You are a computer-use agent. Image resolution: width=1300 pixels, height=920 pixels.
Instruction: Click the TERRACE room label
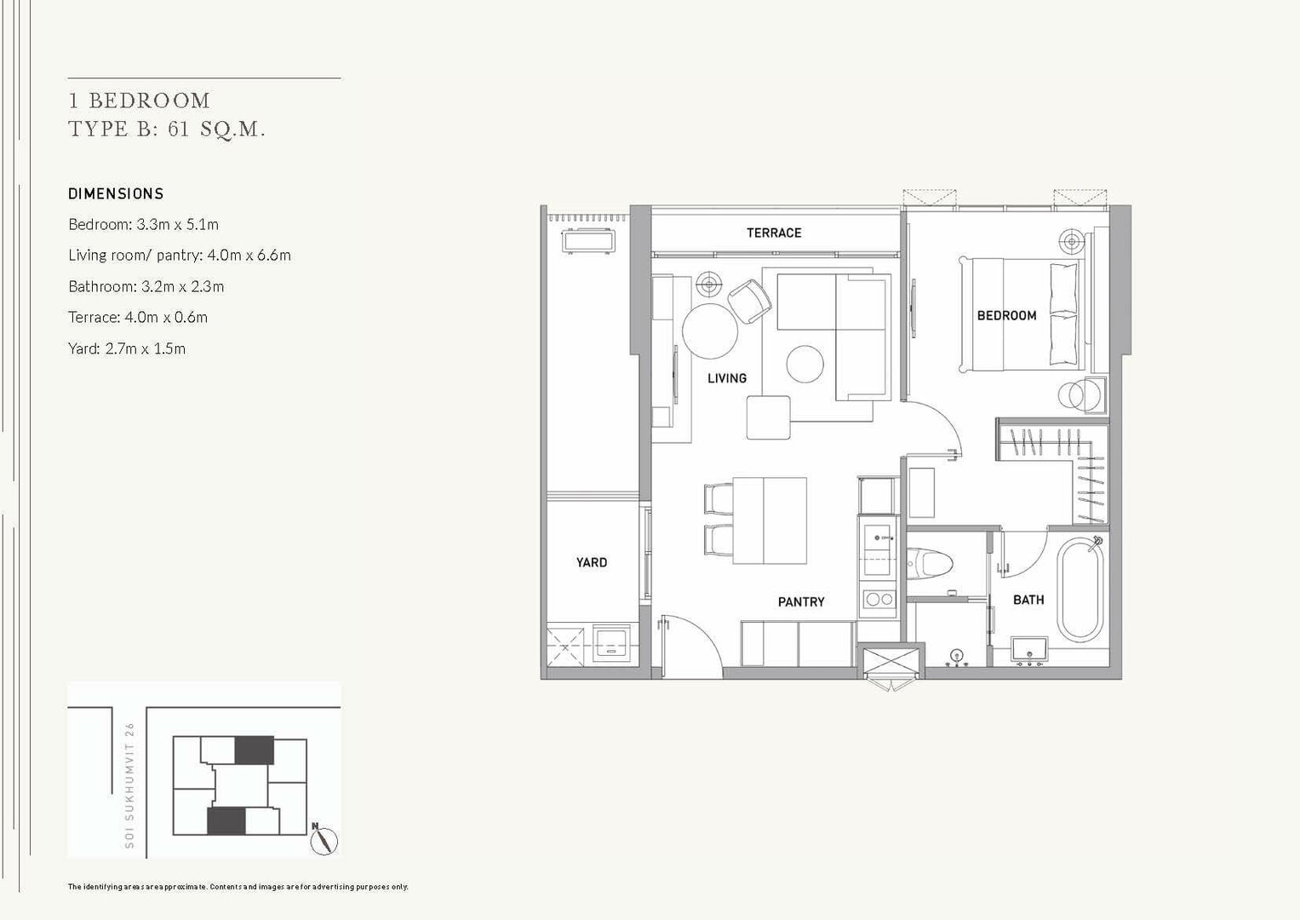[x=774, y=233]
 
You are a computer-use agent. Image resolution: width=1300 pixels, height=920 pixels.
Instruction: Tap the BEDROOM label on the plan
[x=1006, y=316]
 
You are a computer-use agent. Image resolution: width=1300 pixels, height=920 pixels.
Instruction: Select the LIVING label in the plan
[x=726, y=379]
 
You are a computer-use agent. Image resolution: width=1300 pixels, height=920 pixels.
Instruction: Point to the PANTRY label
[x=801, y=602]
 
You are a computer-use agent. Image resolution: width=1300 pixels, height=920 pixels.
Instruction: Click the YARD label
[x=592, y=562]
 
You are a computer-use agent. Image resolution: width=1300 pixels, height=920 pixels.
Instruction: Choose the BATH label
[x=1028, y=600]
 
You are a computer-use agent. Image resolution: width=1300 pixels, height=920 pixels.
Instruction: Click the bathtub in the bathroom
[x=1080, y=589]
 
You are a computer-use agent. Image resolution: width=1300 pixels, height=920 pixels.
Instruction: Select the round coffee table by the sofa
[x=805, y=365]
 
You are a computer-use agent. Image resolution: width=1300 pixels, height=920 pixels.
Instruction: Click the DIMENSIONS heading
[x=116, y=194]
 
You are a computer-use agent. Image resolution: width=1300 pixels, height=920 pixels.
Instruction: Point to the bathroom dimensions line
[x=146, y=286]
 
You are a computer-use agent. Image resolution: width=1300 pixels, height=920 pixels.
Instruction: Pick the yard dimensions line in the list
[x=127, y=348]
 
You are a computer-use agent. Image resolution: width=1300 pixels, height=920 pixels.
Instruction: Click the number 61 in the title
[x=179, y=129]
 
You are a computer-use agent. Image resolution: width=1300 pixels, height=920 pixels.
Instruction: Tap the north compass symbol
[x=324, y=839]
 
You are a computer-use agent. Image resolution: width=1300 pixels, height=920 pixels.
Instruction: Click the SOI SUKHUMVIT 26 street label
[x=129, y=785]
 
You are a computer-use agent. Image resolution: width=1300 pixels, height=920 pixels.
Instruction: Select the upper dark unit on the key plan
[x=255, y=750]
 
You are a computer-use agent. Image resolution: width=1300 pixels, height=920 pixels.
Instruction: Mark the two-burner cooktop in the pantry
[x=879, y=598]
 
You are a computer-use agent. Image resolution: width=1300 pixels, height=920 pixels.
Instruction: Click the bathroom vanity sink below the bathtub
[x=1029, y=649]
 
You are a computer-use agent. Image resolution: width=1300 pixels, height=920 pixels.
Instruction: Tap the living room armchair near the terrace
[x=749, y=301]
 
